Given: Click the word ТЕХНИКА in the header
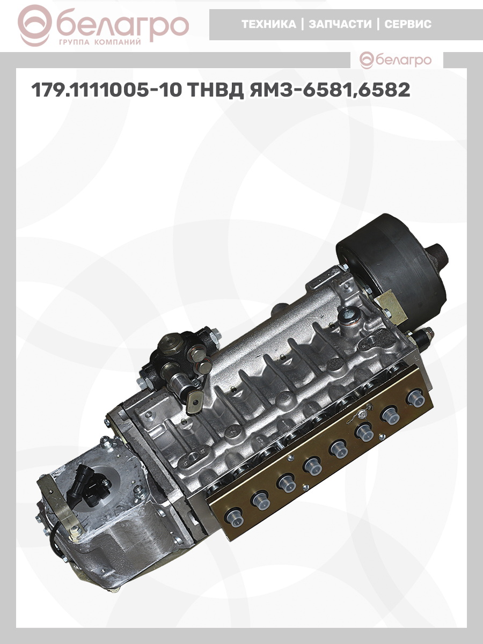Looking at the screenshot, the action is tap(269, 24).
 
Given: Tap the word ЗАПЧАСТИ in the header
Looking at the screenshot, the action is tap(340, 24).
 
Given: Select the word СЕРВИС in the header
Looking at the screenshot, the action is tap(408, 24).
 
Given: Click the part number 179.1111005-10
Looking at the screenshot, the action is tap(106, 90).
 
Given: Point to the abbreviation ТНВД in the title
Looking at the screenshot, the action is tap(215, 90).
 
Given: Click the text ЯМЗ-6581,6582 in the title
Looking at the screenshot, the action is tap(330, 90).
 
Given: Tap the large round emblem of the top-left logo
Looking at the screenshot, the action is tap(36, 27).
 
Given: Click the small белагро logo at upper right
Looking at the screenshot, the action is tap(396, 60).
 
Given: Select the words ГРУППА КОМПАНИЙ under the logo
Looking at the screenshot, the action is tap(100, 42).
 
